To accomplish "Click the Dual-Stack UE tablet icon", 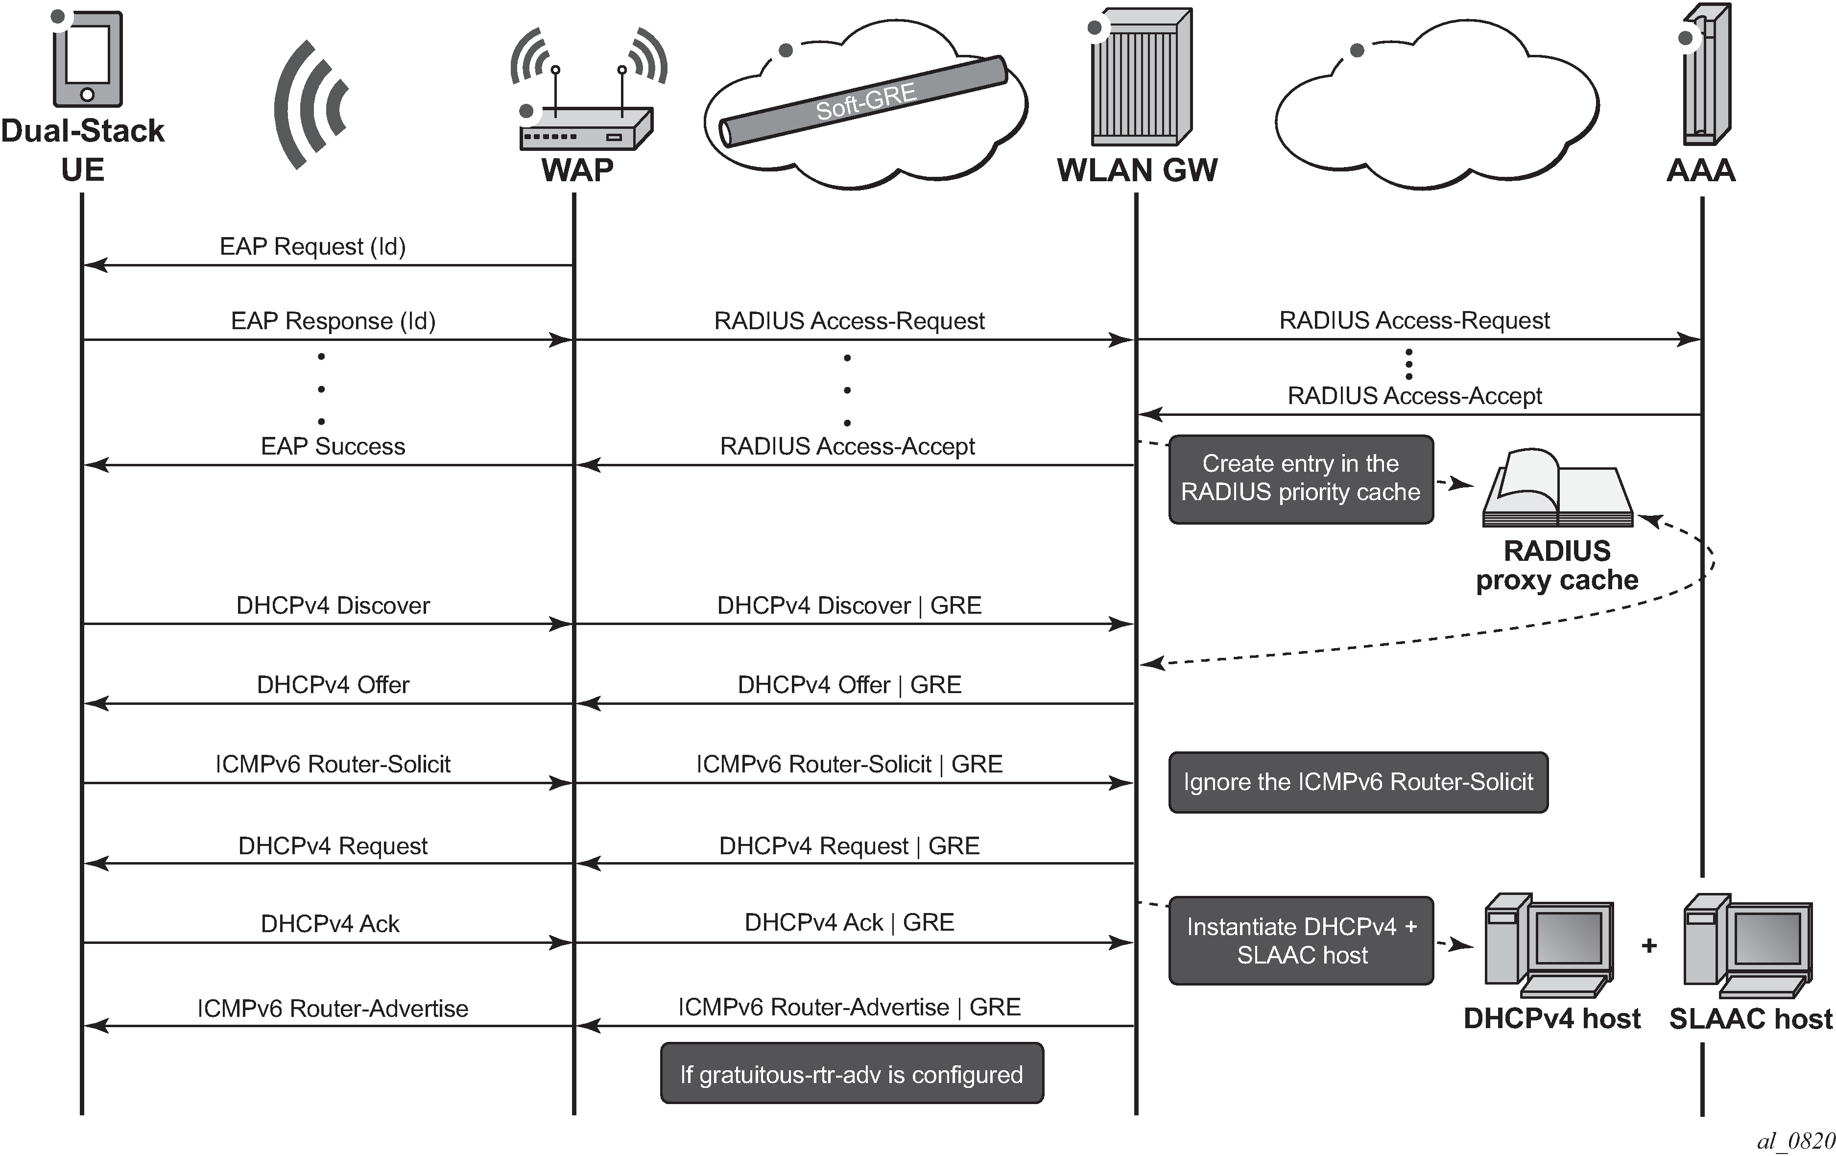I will pyautogui.click(x=87, y=59).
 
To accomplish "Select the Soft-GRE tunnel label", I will pyautogui.click(x=865, y=101).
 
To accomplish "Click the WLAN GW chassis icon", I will pyautogui.click(x=1141, y=78).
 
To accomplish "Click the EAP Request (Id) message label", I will pyautogui.click(x=312, y=246).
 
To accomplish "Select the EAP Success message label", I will pyautogui.click(x=333, y=446).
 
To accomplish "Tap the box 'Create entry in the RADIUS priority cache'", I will pyautogui.click(x=1301, y=479).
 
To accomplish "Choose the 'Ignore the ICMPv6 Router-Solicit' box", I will pyautogui.click(x=1358, y=782).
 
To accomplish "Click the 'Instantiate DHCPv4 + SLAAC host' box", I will pyautogui.click(x=1301, y=940).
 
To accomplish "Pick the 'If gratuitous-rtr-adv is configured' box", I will pyautogui.click(x=852, y=1074).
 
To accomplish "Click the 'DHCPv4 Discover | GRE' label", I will pyautogui.click(x=849, y=605).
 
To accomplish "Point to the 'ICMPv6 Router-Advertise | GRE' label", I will pyautogui.click(x=849, y=1007).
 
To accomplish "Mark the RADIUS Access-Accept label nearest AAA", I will pyautogui.click(x=1414, y=396).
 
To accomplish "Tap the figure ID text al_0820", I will pyautogui.click(x=1795, y=1141).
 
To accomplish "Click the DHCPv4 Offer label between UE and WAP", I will pyautogui.click(x=333, y=685).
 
